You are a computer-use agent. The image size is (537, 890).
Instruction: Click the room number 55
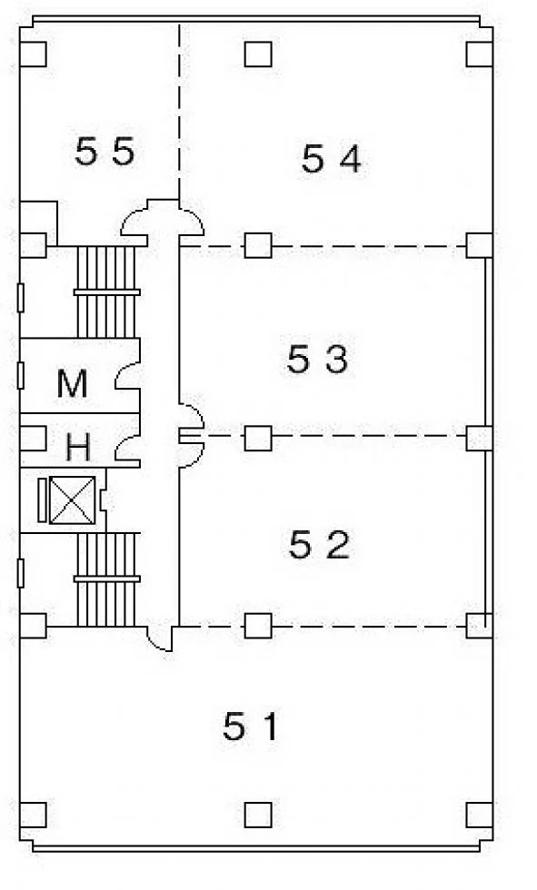[105, 152]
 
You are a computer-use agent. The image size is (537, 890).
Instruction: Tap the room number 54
[331, 158]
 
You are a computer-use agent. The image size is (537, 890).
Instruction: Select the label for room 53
[317, 360]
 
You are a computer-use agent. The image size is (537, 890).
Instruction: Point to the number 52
[319, 544]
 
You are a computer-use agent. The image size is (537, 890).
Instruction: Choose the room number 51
[251, 727]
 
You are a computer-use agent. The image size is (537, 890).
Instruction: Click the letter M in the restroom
[72, 383]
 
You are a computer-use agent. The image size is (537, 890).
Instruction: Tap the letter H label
[78, 447]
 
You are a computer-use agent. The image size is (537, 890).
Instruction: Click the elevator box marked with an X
[72, 500]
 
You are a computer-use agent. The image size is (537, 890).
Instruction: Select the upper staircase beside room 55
[106, 292]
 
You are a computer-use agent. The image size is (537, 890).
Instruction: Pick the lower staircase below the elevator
[106, 579]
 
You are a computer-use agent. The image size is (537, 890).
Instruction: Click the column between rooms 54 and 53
[258, 246]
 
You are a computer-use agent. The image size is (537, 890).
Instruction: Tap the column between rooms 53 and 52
[258, 438]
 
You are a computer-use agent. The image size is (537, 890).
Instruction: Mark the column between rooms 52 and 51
[258, 626]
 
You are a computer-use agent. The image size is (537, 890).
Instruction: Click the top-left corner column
[33, 54]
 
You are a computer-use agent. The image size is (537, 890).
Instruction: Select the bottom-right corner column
[480, 816]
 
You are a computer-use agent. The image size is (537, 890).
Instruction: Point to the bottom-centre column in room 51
[258, 816]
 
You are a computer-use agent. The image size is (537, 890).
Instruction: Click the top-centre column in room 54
[258, 54]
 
